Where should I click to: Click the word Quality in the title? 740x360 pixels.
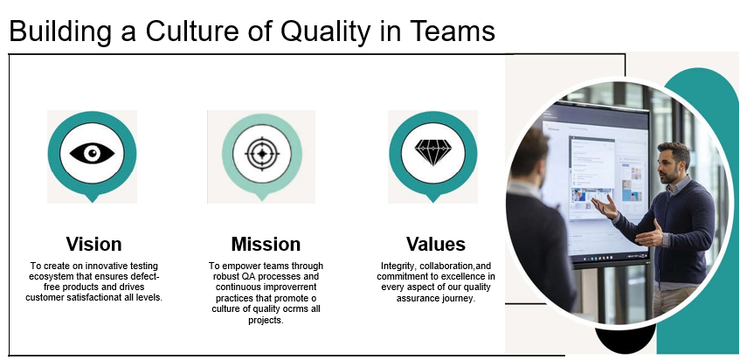tap(325, 31)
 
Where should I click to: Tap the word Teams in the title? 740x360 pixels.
tap(453, 31)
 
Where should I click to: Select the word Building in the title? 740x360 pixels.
tap(60, 32)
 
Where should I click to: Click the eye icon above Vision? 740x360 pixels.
tap(92, 153)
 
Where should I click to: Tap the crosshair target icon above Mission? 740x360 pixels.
tap(262, 154)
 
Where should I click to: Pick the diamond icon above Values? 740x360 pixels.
tap(433, 152)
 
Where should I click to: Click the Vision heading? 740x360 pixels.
tap(93, 244)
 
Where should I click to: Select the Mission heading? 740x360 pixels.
tap(266, 244)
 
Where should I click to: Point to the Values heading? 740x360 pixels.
tap(436, 244)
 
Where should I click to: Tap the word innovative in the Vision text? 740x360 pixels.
tap(95, 266)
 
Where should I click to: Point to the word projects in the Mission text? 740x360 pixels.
tap(266, 320)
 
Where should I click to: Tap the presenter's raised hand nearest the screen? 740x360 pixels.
tap(605, 207)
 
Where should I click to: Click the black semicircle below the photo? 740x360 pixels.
tap(624, 341)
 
